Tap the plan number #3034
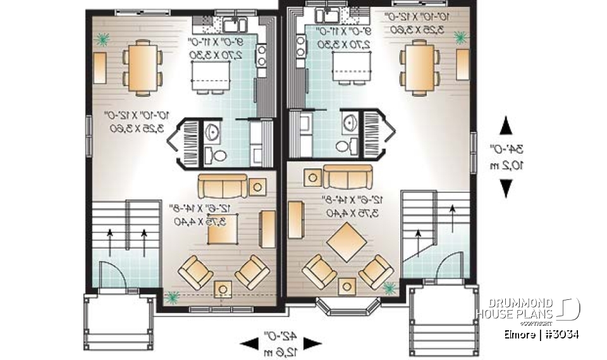click(x=561, y=333)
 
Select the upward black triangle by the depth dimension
click(x=506, y=127)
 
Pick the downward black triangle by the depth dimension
click(x=506, y=188)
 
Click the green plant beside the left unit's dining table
click(x=101, y=40)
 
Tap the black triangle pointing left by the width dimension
click(x=248, y=344)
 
